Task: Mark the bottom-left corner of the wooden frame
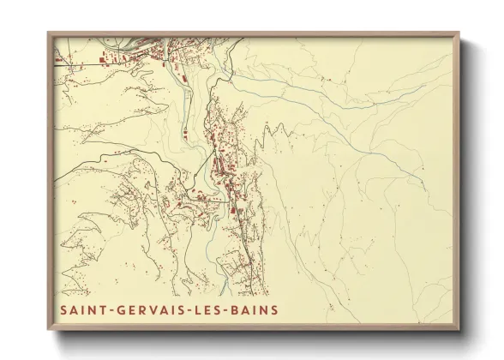[48, 330]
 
